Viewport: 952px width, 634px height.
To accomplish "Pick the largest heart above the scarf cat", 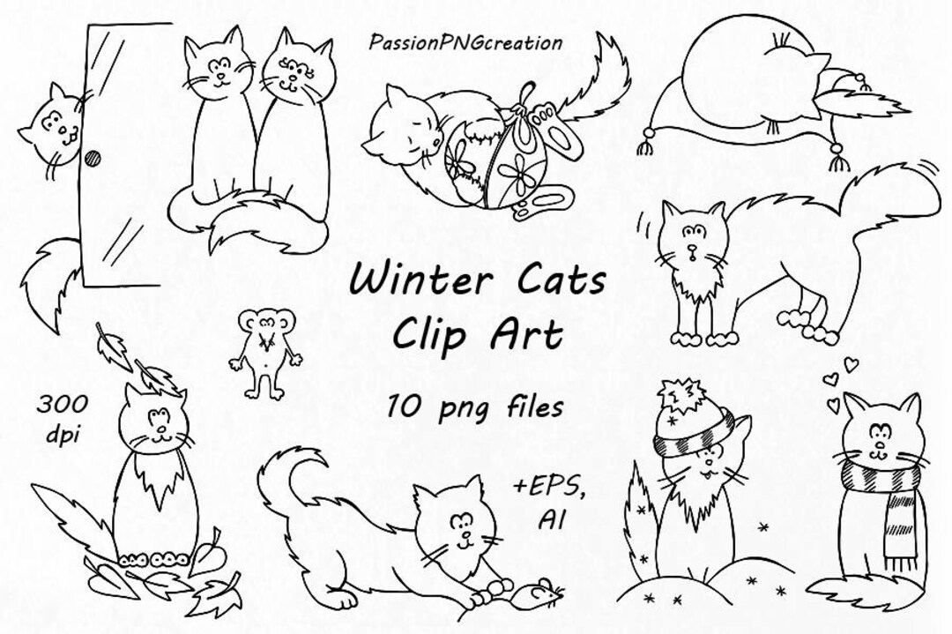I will point(850,362).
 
